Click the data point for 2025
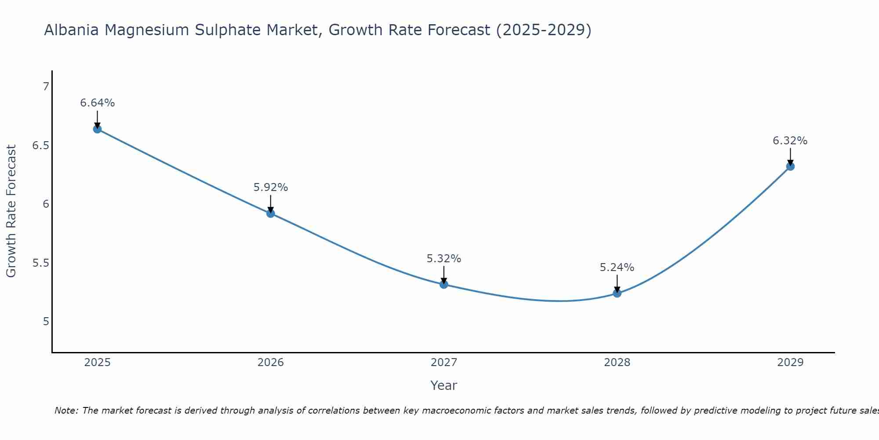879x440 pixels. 97,129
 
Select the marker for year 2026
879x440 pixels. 271,213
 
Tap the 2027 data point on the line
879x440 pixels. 444,284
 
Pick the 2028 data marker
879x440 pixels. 617,293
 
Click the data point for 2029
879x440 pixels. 790,166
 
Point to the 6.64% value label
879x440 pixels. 97,103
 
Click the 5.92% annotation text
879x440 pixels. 271,187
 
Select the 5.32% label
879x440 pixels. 444,259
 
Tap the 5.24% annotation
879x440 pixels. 617,268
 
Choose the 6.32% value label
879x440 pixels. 790,141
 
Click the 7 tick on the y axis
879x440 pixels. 46,87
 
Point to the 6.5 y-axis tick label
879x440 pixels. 40,145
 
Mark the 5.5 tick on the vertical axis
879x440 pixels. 40,263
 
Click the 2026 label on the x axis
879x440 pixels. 271,363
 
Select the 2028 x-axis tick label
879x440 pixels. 617,363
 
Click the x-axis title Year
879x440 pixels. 444,385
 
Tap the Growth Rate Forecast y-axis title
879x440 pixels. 11,211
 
